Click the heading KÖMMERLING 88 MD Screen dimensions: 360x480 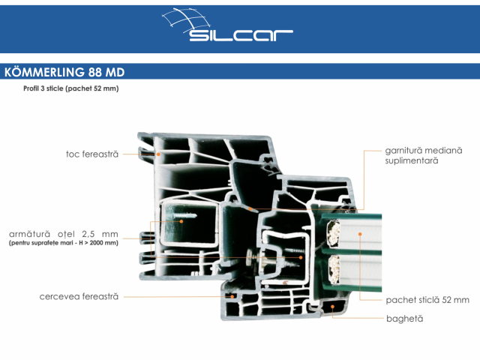pyautogui.click(x=64, y=73)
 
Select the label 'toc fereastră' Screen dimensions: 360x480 pyautogui.click(x=91, y=154)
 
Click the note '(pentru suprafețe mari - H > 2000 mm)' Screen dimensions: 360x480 pyautogui.click(x=64, y=243)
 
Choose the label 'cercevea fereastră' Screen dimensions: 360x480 pyautogui.click(x=79, y=297)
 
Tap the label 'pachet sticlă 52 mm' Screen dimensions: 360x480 pyautogui.click(x=427, y=300)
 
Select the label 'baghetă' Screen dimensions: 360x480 pyautogui.click(x=404, y=319)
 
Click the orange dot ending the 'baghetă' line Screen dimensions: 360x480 pyautogui.click(x=332, y=307)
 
